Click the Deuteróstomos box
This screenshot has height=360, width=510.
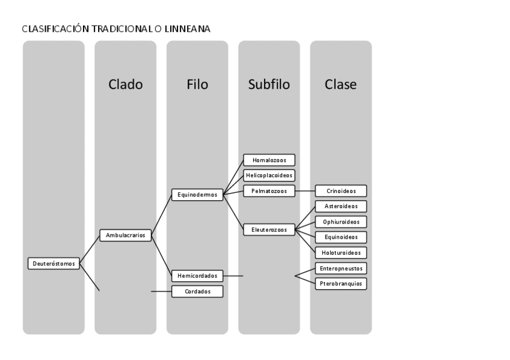[x=54, y=263]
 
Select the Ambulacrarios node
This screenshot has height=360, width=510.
[x=125, y=236]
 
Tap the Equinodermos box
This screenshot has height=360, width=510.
[x=197, y=195]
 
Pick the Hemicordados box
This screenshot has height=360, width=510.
[x=197, y=276]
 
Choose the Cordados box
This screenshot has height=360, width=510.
[x=197, y=291]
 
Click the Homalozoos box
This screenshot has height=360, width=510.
[x=269, y=160]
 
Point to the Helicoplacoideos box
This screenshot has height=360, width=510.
[x=269, y=175]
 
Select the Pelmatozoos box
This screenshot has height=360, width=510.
[x=269, y=191]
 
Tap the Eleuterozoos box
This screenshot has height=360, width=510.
[x=269, y=229]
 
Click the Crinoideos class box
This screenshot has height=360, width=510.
[x=340, y=191]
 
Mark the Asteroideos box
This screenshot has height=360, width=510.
[x=340, y=206]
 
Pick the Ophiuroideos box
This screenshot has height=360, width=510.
[x=340, y=222]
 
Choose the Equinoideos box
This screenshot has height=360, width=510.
[x=340, y=237]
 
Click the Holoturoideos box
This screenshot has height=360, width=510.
[x=340, y=252]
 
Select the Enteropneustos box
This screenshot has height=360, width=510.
[x=340, y=268]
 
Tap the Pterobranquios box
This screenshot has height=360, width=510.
[x=340, y=283]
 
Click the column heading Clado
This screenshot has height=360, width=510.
[x=125, y=85]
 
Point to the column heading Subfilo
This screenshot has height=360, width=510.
[x=269, y=85]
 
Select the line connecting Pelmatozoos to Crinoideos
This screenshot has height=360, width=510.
[x=305, y=191]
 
